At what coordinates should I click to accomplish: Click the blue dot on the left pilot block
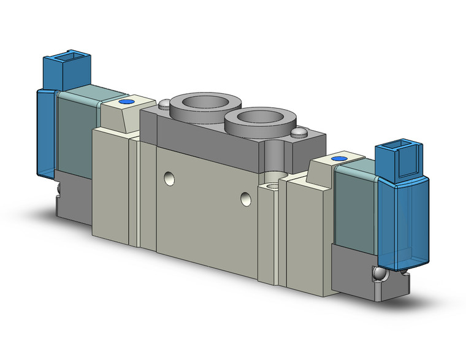pos(127,102)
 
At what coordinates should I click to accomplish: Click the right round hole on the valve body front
pos(246,197)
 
